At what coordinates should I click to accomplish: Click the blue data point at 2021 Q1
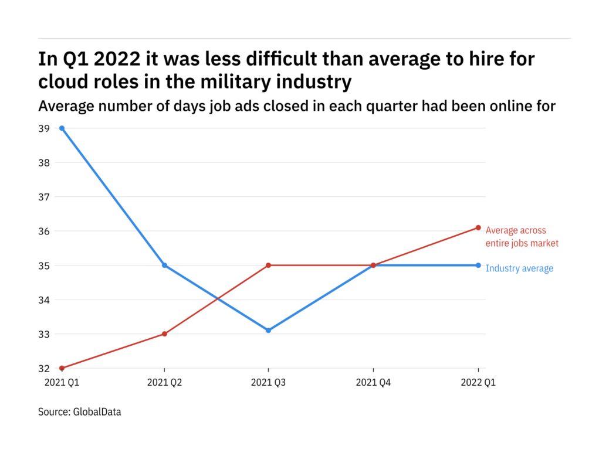[62, 128]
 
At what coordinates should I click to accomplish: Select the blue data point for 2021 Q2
[164, 266]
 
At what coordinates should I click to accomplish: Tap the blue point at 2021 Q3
[268, 331]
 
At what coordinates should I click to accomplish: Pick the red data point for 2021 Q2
[164, 334]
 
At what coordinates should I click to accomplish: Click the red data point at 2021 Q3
[268, 266]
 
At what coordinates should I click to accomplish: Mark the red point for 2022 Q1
[478, 227]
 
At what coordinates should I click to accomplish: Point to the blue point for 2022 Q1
[478, 266]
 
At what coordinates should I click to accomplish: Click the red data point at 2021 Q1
[62, 368]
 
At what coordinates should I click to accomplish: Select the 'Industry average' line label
[519, 268]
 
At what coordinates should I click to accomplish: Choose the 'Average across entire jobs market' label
[522, 237]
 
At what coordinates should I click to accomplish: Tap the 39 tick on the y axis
[44, 128]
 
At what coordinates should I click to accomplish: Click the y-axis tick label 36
[44, 231]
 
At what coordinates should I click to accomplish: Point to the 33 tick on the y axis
[44, 334]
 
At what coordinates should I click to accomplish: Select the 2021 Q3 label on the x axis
[268, 382]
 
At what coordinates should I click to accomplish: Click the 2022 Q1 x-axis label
[478, 382]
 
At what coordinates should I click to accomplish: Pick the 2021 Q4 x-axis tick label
[373, 382]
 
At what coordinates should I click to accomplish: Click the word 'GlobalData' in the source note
[97, 412]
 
